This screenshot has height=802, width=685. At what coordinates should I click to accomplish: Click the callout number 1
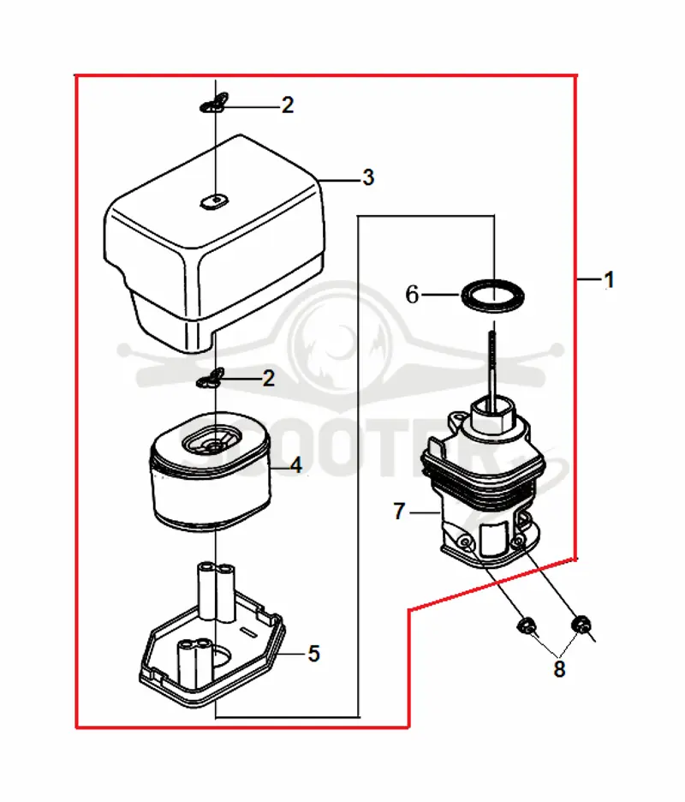click(x=608, y=280)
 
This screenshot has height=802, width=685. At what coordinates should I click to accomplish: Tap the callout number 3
click(x=368, y=177)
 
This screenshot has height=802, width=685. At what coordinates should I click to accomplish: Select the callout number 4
click(x=295, y=465)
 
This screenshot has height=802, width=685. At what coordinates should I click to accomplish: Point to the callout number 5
click(x=313, y=654)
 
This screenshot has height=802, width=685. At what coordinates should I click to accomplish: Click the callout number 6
click(x=412, y=295)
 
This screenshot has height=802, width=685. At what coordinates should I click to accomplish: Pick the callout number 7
click(x=399, y=511)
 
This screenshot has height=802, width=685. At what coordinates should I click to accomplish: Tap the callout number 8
click(x=559, y=668)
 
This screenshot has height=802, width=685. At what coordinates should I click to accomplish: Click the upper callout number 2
click(x=288, y=105)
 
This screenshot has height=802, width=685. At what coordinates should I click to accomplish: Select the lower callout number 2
click(x=269, y=379)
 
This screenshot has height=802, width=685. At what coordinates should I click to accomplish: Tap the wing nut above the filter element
click(x=211, y=379)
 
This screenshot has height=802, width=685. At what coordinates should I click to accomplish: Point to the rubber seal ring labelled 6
click(x=493, y=296)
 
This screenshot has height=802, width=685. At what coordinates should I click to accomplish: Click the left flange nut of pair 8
click(x=526, y=625)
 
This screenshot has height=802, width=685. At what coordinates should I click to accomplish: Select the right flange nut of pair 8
click(x=581, y=624)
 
